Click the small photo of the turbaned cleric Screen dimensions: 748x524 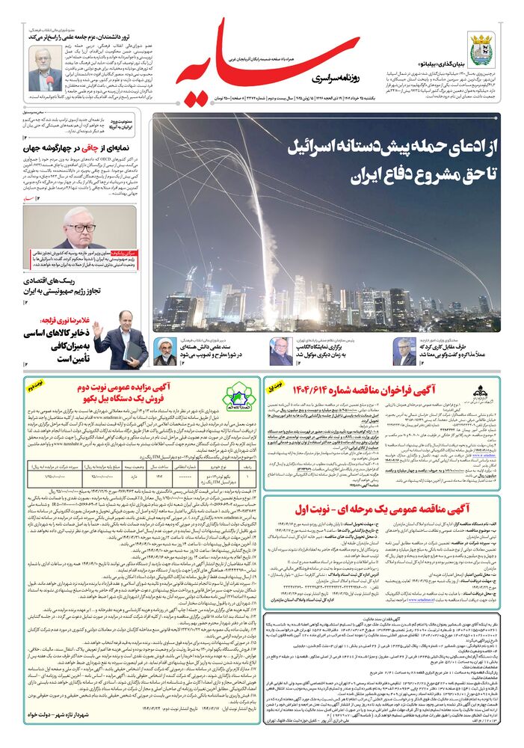pyautogui.click(x=166, y=351)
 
